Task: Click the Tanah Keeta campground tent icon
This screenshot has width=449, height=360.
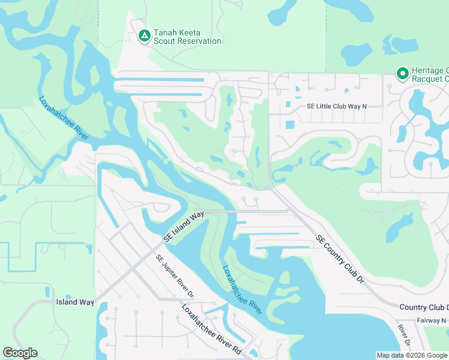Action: coord(144,36)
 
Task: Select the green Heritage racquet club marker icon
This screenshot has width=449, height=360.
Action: coord(403,74)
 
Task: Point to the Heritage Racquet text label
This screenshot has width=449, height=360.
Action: coord(430,74)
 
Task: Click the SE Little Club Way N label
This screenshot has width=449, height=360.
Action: coord(336,106)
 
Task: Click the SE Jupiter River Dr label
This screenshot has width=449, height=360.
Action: coord(175,277)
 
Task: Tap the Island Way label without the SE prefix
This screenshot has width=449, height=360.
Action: coord(75,302)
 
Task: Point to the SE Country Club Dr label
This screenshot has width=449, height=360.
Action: coord(340,259)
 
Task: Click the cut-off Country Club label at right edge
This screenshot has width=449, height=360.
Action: coord(424,307)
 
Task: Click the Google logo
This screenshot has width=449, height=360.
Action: coord(20,353)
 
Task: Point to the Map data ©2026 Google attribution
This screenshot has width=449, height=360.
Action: coord(411,355)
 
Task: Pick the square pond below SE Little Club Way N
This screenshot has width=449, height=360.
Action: coord(291,125)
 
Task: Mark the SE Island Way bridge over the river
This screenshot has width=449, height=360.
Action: coord(219,211)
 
